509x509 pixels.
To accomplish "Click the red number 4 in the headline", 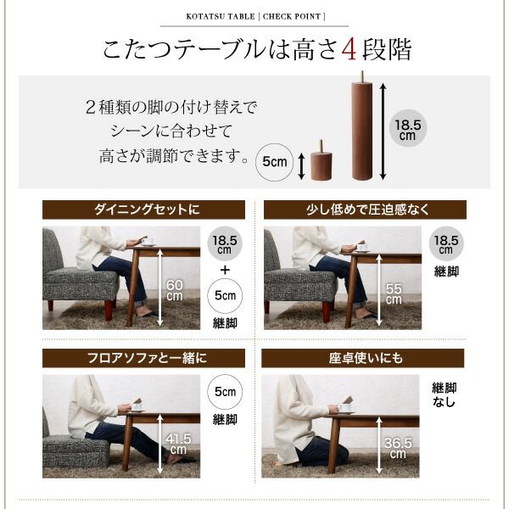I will [347, 49].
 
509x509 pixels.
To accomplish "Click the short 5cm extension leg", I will [321, 162].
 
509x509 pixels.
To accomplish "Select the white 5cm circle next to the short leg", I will [273, 160].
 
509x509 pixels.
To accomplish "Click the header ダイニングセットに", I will [143, 210].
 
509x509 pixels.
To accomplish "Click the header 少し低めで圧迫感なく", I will [365, 210].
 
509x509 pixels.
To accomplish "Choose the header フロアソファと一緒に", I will [143, 357].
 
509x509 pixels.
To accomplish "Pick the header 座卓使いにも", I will [365, 357].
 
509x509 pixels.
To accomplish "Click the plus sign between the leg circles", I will [225, 271].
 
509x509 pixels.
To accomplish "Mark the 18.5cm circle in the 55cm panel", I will [446, 243].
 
